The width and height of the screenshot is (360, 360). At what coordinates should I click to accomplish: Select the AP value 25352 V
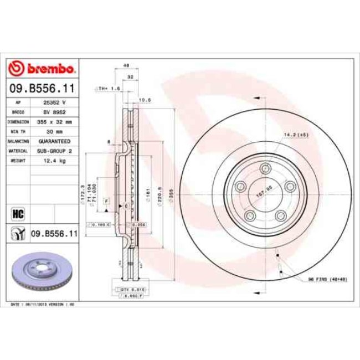tap(54, 102)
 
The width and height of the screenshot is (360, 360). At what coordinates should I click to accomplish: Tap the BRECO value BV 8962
tap(54, 111)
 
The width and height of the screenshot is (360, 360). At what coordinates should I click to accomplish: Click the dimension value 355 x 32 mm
tap(54, 121)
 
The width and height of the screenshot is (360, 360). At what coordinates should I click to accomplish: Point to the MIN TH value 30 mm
tap(54, 131)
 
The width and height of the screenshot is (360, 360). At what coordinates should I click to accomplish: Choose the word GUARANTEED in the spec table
tap(54, 141)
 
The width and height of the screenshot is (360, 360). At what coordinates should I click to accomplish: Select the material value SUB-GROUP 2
tap(54, 150)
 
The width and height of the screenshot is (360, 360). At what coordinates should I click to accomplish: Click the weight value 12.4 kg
tap(54, 160)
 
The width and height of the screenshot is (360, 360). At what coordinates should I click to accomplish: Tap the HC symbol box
tap(18, 213)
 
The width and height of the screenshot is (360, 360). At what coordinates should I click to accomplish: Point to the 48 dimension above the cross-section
tap(126, 65)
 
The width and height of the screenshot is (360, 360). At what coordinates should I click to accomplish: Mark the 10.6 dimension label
tap(145, 100)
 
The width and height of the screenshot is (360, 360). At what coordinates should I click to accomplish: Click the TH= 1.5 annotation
tap(107, 88)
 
